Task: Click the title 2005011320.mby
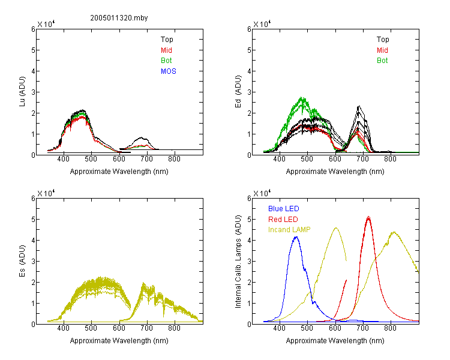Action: tap(119, 18)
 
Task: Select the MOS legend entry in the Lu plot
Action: tap(169, 71)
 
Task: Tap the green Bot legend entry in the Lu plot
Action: tap(166, 61)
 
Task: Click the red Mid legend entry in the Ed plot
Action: tap(382, 50)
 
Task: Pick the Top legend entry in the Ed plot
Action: tap(383, 40)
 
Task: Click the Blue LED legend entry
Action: tap(284, 209)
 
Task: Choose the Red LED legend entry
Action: tap(283, 220)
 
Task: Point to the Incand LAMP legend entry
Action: tap(289, 230)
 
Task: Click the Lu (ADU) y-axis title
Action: tap(22, 91)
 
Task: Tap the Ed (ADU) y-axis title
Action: tap(238, 92)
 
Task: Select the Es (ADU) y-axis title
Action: tap(22, 261)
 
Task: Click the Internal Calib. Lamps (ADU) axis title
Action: tap(238, 262)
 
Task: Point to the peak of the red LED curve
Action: tap(368, 217)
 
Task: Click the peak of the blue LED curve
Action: tap(296, 237)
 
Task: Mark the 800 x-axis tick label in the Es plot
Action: tap(174, 328)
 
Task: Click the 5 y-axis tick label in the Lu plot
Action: tap(33, 50)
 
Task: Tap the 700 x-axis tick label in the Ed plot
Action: tap(363, 159)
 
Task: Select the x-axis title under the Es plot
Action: tap(119, 341)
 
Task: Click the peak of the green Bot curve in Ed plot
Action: tap(302, 97)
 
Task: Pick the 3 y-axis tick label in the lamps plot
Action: tap(249, 262)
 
